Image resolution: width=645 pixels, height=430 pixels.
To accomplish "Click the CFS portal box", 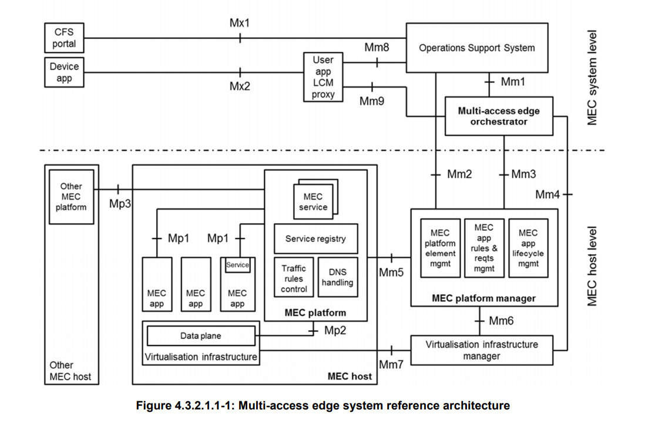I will coord(64,37).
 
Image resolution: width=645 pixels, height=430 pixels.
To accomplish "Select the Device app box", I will coord(64,72).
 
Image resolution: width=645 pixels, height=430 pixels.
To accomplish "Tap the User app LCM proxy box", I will coord(322,77).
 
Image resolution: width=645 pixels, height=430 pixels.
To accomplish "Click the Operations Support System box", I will coord(476,48).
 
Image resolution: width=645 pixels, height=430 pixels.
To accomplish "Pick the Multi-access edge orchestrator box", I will coord(499,116).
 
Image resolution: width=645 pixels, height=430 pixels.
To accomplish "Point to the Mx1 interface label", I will coord(240,23).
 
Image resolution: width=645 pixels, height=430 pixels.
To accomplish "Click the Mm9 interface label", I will coord(372,101).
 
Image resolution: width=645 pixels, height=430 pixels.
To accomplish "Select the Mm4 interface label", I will coord(547,194).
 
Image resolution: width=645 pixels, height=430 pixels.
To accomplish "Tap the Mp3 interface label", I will coord(120,204).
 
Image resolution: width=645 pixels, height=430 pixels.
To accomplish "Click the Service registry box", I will coord(315,238).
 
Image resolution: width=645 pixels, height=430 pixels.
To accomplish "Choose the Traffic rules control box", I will coord(294,278).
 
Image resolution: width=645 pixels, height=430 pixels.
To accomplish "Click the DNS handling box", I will coord(337,277).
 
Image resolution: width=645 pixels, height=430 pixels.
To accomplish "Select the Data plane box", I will coord(200,336).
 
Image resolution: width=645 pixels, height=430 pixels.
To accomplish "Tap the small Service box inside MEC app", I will coord(237,265).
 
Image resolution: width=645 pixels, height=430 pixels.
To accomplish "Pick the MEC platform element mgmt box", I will coord(440,248).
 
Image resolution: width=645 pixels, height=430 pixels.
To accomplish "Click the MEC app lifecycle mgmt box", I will coord(528,248).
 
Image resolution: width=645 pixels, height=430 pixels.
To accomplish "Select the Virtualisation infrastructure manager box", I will coord(481,350).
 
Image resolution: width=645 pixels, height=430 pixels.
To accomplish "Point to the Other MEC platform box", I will coord(71,197).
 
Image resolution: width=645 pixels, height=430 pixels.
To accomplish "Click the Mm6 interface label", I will coord(500,321).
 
